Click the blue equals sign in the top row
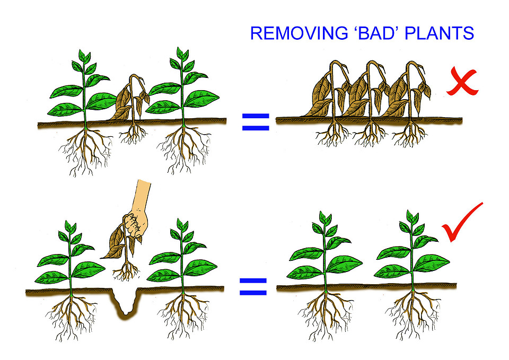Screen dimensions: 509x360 [256, 122]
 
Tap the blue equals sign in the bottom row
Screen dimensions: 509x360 [253, 287]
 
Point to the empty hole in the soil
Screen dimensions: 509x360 [125, 300]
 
